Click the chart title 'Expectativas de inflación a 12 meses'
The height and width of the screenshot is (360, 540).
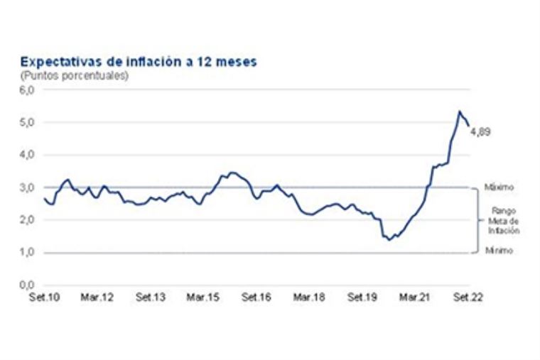139,62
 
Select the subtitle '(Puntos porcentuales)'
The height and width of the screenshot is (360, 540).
74,75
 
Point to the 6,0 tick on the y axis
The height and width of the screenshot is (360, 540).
26,90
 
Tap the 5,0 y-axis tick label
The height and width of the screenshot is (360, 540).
26,122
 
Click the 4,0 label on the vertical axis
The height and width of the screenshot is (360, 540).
26,155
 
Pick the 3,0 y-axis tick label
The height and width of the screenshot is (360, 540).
26,187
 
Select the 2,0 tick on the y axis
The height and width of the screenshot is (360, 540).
26,220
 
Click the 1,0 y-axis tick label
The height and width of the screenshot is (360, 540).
26,253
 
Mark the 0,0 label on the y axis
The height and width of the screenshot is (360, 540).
26,285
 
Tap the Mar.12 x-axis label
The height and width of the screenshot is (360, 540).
98,298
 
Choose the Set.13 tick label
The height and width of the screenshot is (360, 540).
151,298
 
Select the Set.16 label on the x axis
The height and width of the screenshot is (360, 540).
256,298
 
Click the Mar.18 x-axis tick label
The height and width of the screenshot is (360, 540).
310,298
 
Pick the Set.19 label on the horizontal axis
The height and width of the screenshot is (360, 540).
362,298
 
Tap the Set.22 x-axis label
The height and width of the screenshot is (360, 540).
468,298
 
